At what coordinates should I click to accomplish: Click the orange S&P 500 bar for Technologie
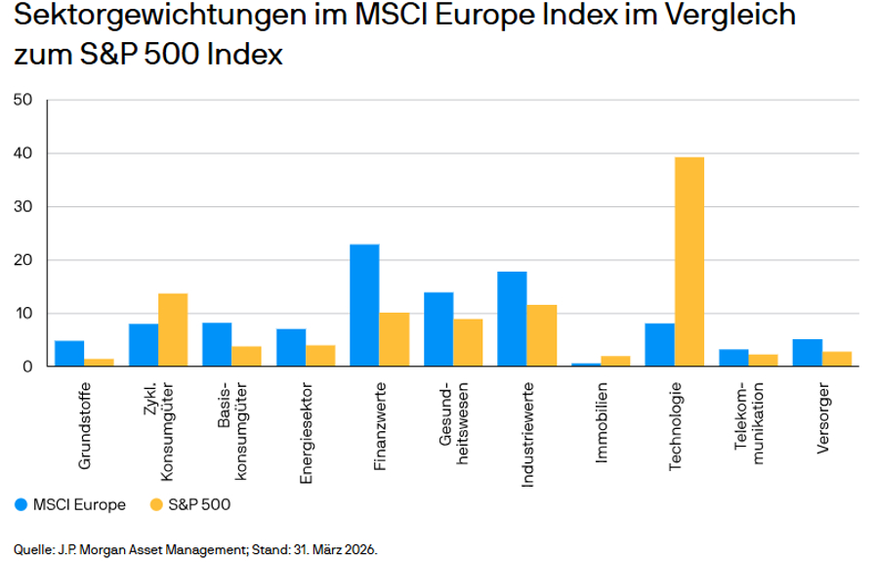tap(689, 261)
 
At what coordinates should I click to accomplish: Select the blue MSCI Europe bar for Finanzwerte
tap(364, 305)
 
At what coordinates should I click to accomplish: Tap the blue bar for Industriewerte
tap(513, 319)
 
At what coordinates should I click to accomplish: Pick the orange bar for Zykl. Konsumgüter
tap(173, 329)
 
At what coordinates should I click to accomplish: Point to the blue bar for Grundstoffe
tap(69, 353)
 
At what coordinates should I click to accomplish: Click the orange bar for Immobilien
tap(615, 361)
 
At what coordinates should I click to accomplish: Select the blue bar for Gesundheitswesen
tap(438, 329)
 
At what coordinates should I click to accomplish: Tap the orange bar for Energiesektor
tap(320, 356)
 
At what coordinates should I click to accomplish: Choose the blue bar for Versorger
tap(807, 353)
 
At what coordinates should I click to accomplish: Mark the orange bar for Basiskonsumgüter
tap(247, 357)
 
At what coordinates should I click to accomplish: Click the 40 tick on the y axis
tap(22, 152)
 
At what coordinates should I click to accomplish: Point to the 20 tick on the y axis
tap(22, 260)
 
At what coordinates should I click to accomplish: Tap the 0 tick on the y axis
tap(27, 367)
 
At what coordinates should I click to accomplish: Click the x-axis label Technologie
tap(675, 426)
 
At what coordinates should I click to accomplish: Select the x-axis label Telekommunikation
tap(749, 423)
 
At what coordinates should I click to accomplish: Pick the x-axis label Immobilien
tap(601, 422)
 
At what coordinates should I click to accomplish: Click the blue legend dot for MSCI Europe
tap(21, 504)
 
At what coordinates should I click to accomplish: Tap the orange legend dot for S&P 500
tap(156, 504)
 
